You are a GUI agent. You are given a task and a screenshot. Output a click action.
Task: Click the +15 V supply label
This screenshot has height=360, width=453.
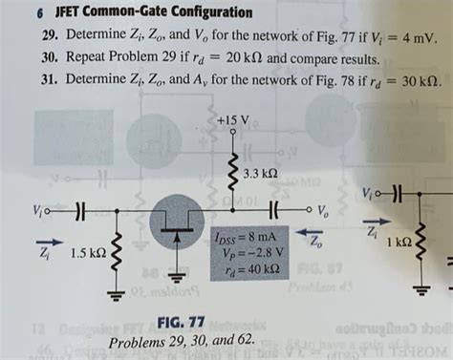coord(232,121)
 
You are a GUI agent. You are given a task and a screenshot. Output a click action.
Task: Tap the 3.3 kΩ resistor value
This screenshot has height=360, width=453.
coord(260,173)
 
